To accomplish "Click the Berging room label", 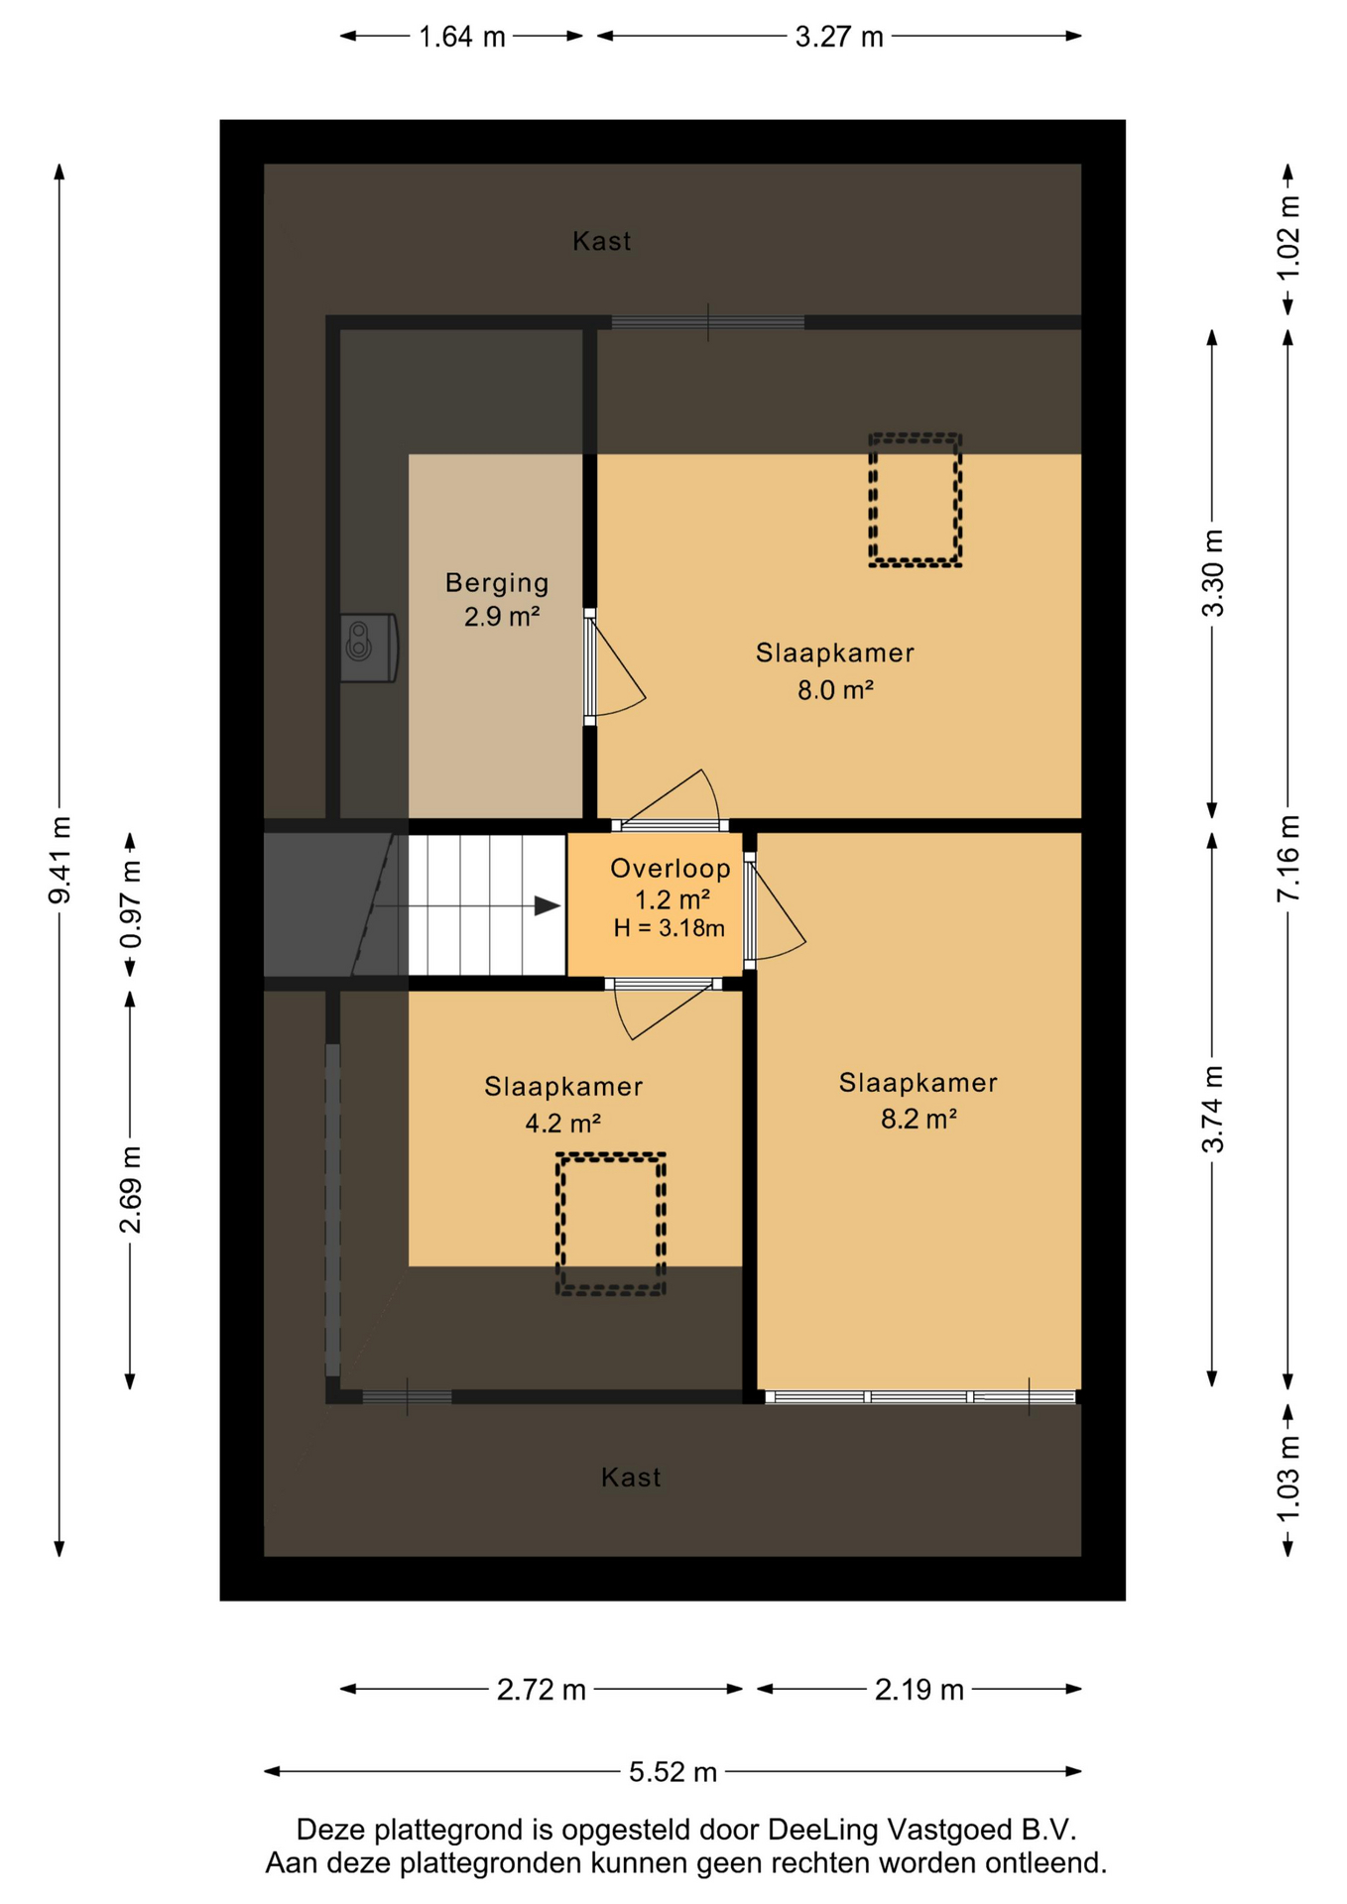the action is point(497,583).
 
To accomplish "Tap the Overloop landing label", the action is point(671,869).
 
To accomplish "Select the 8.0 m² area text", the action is point(835,689).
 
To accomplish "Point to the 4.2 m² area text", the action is point(562,1123).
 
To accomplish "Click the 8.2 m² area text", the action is point(918,1119).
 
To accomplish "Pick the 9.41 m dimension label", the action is point(60,860).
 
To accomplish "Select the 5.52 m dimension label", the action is point(673,1771).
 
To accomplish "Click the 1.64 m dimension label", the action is point(462,37).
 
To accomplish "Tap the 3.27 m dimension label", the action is point(839,37).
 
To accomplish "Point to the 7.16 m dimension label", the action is point(1287,859).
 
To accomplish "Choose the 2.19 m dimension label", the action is point(918,1689).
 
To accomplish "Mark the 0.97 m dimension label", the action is point(130,904).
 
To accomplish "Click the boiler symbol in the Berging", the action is point(369,648).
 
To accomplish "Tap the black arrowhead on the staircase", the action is point(549,905).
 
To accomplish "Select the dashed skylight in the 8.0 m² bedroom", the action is point(916,500).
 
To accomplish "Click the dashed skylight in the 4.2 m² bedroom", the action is point(610,1224).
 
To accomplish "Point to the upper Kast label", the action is point(602,241).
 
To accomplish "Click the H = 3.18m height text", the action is point(670,928).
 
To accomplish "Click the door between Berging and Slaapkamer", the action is point(590,667).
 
